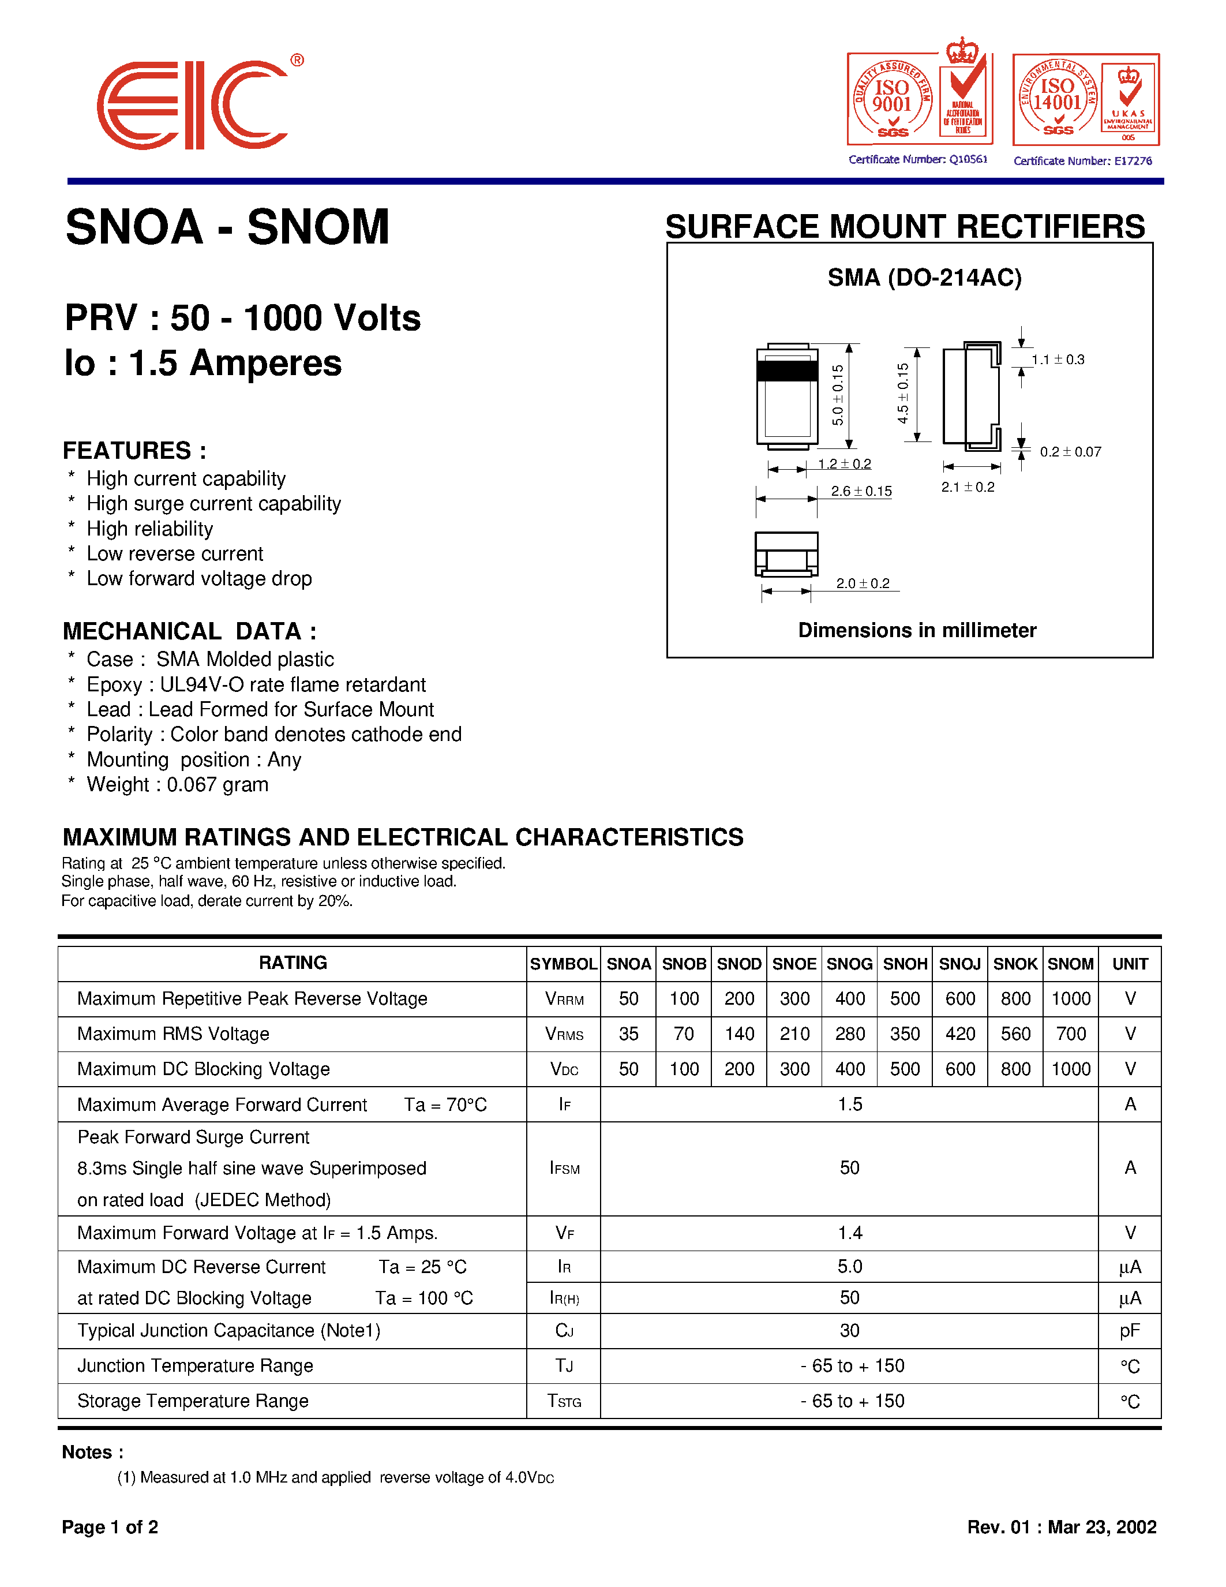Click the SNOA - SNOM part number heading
(227, 227)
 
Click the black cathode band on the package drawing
(788, 370)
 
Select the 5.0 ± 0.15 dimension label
(837, 395)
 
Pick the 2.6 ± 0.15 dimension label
(861, 491)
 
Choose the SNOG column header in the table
(849, 964)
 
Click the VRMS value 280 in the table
(849, 1034)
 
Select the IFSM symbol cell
(564, 1169)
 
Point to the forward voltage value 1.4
(849, 1233)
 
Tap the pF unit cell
(1130, 1331)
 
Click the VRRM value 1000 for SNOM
(1071, 999)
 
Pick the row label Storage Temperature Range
(193, 1401)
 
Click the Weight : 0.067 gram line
(177, 785)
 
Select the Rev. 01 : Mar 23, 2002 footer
(1061, 1526)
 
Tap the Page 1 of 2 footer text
(110, 1526)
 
